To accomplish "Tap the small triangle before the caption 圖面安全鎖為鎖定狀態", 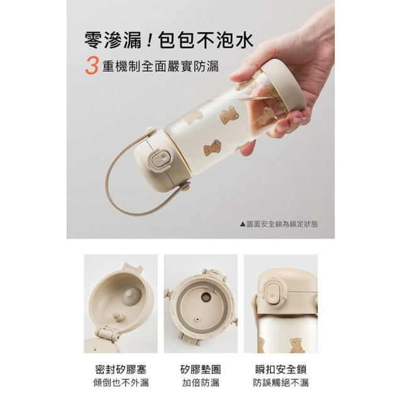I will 243,223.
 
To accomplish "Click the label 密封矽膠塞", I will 117,369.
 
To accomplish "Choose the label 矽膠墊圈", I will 201,369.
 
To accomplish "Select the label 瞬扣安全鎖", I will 284,369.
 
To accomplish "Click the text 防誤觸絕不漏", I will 284,383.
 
